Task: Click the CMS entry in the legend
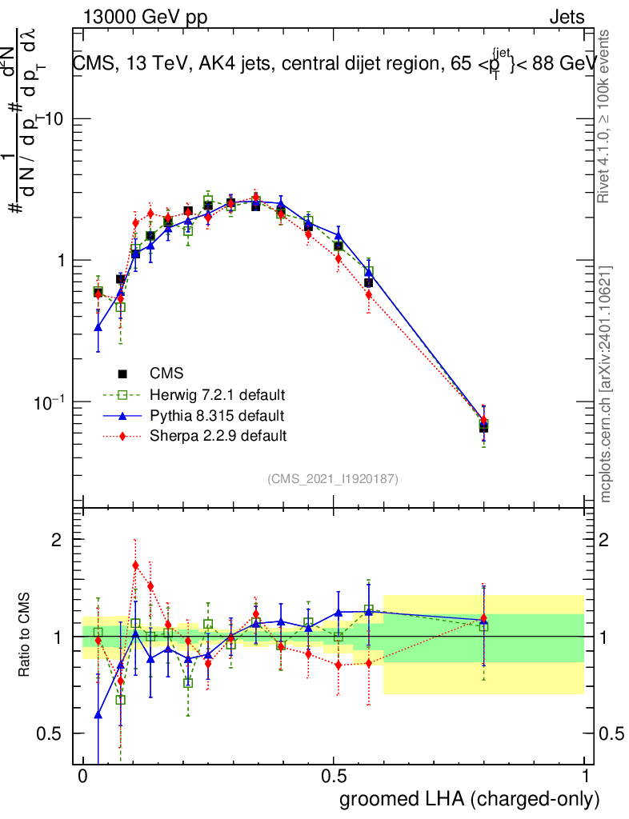pyautogui.click(x=166, y=374)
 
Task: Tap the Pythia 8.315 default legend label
pyautogui.click(x=217, y=416)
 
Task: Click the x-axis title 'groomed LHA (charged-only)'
pyautogui.click(x=471, y=799)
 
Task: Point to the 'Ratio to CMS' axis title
pyautogui.click(x=25, y=636)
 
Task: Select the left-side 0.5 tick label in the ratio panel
pyautogui.click(x=51, y=734)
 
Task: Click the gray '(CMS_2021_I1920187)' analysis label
pyautogui.click(x=333, y=478)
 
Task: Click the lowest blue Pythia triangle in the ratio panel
pyautogui.click(x=98, y=714)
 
